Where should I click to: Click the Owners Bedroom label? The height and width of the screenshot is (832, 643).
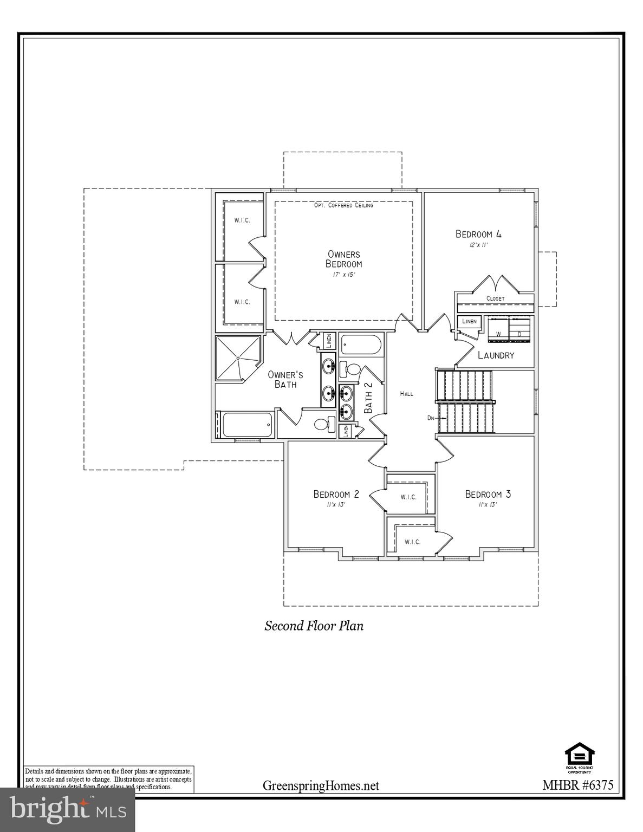pos(343,259)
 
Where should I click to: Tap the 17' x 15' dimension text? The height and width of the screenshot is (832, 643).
pos(343,275)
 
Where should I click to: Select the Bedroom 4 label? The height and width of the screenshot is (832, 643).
pos(478,234)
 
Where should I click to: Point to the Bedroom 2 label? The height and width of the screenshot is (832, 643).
pos(336,494)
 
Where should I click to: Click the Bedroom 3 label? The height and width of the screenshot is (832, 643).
pos(488,494)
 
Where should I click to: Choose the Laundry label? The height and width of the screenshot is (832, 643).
pos(496,355)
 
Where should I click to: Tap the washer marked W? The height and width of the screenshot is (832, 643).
pos(498,330)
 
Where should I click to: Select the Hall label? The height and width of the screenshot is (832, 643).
pos(406,394)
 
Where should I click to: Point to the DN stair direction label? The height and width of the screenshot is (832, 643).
pos(431,418)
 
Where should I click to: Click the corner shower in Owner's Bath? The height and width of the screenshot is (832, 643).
pos(238,359)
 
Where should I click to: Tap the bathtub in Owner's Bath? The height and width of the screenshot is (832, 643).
pos(245,425)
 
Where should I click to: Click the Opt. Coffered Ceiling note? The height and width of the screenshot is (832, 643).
pos(343,205)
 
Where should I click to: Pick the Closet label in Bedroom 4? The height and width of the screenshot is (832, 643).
pos(495,298)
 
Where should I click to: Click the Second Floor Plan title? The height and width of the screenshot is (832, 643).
pos(314,626)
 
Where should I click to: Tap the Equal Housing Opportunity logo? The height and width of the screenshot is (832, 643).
pos(579,756)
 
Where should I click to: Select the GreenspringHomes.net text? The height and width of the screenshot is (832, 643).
pos(321,785)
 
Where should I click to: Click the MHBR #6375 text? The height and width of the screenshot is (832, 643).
pos(577,785)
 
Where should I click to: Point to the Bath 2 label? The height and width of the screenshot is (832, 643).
pos(368,398)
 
